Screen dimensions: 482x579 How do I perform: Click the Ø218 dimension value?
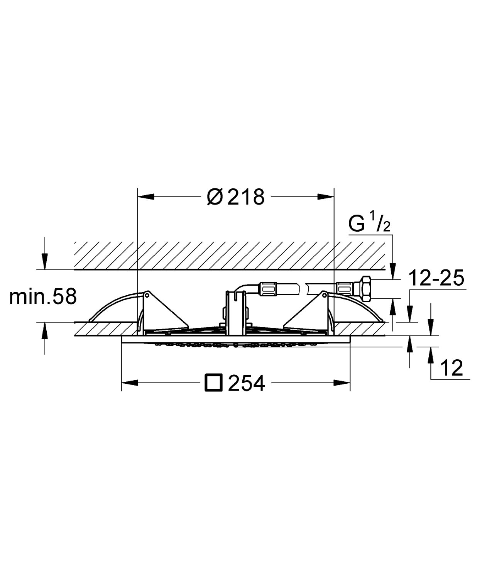pos(236,197)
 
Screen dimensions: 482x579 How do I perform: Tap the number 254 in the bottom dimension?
pos(247,383)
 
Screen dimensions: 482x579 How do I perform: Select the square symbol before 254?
pos(213,383)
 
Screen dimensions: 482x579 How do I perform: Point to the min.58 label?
pos(43,297)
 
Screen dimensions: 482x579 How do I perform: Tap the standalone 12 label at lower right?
pos(452,368)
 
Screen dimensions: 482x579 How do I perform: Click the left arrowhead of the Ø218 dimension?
pos(146,196)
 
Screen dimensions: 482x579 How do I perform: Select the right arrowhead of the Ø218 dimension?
pos(326,196)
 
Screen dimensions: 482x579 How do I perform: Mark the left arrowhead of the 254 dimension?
pos(130,383)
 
